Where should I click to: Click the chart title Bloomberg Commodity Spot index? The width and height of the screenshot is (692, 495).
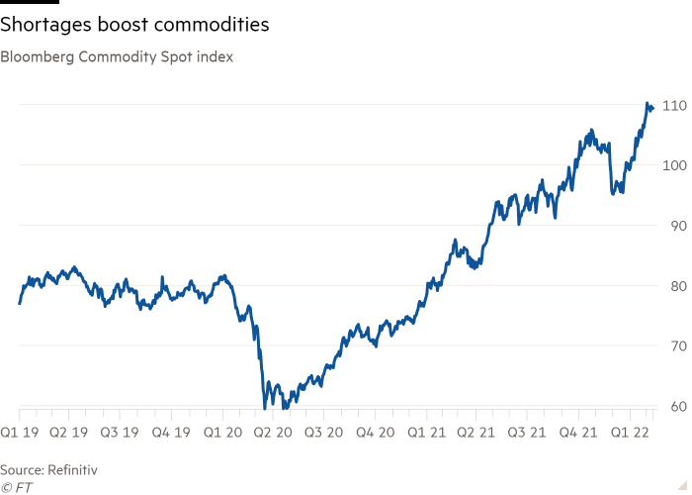[x=117, y=57]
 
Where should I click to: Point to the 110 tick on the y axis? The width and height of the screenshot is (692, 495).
[x=675, y=105]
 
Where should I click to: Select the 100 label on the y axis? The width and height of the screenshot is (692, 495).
[x=675, y=165]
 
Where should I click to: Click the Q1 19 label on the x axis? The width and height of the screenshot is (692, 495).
[x=21, y=432]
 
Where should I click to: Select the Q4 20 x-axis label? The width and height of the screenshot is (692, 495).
[x=383, y=432]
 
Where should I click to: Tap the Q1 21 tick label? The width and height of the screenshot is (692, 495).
[x=434, y=432]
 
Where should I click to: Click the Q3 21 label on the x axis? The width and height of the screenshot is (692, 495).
[x=536, y=432]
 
